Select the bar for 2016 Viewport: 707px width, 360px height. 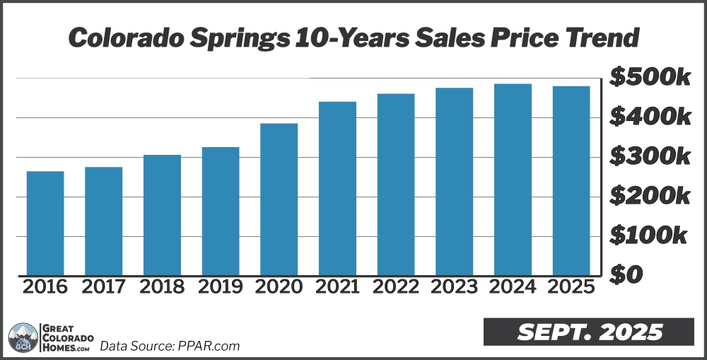[45, 223]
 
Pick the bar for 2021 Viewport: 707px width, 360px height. [337, 188]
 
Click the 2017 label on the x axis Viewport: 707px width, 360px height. [103, 287]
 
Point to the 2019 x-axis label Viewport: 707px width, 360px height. [220, 287]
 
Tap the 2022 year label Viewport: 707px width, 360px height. [395, 287]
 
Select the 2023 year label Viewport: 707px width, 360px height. [454, 287]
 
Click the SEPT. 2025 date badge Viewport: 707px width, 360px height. [588, 332]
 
